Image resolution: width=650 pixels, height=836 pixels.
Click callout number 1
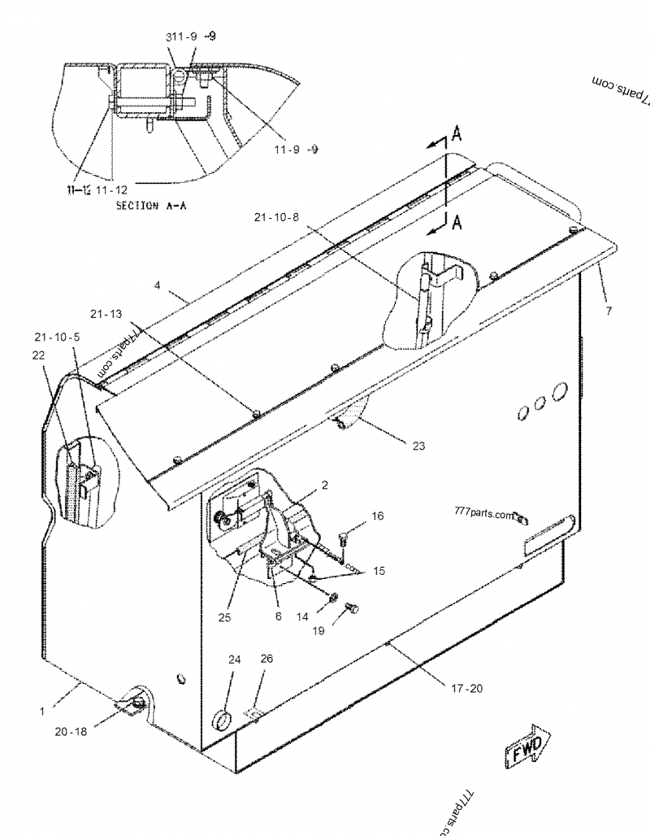(41, 711)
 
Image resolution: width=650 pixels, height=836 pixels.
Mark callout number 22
(38, 355)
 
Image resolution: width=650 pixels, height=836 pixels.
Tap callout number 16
(378, 516)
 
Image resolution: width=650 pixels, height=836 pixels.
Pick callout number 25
(224, 618)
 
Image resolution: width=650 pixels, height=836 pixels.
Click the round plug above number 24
(220, 719)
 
